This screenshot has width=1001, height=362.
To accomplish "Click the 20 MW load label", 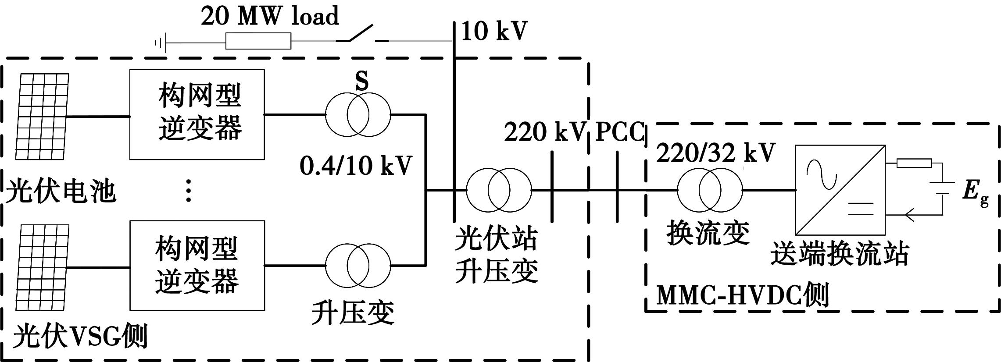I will [270, 17].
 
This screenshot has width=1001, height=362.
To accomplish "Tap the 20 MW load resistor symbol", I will [258, 41].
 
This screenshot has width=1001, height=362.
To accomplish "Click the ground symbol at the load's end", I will [160, 43].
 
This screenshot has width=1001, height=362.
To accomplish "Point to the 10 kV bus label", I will [494, 32].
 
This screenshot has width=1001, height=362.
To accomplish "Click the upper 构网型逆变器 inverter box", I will [197, 114].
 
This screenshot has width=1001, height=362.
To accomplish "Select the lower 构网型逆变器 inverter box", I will [197, 266].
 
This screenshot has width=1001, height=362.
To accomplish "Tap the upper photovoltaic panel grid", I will [43, 117].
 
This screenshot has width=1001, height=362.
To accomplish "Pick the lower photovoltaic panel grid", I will [43, 268].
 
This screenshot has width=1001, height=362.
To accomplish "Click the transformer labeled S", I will [357, 115].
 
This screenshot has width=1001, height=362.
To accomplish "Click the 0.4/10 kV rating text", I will [356, 166].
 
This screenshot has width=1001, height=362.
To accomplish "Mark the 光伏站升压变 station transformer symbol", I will [499, 190].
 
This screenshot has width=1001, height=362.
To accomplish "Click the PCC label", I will [620, 132].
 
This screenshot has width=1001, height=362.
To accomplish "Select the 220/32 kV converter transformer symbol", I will [710, 190].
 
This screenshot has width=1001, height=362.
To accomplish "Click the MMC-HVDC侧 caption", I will [742, 295].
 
